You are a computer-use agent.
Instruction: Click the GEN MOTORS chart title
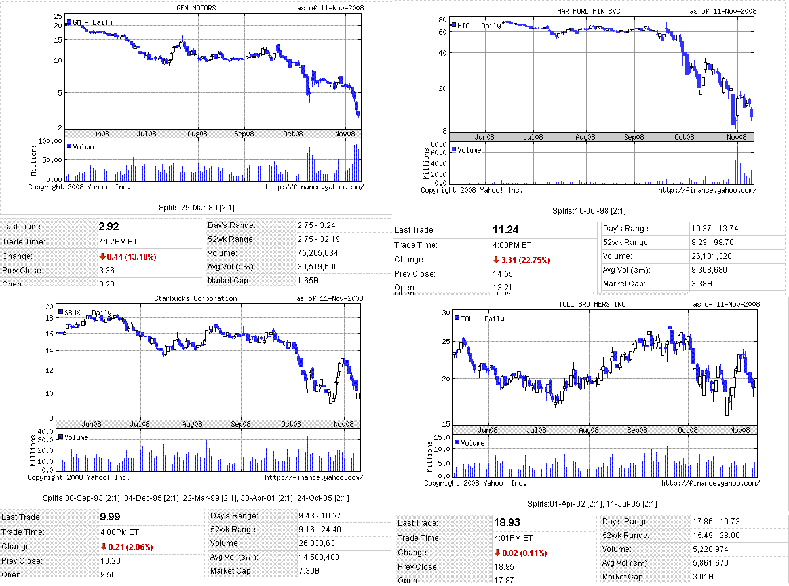click(196, 8)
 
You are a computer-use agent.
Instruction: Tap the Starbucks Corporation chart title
click(195, 298)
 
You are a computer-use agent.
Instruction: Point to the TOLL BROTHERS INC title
click(583, 304)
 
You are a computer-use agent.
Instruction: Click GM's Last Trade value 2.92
click(108, 227)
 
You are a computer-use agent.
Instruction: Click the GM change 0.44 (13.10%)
click(128, 256)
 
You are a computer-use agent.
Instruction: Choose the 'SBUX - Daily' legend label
click(88, 313)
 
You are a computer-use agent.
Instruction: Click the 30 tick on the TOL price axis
click(446, 313)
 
